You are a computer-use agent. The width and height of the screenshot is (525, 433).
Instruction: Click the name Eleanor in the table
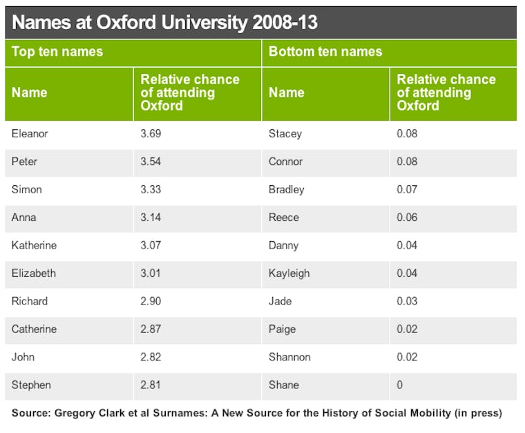(30, 133)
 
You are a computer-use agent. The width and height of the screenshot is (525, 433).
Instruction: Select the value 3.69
(151, 133)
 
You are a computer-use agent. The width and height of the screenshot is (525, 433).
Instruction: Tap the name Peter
(25, 162)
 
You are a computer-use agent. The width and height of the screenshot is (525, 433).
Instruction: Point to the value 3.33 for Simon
(151, 189)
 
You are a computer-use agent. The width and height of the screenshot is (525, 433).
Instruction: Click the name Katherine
(34, 245)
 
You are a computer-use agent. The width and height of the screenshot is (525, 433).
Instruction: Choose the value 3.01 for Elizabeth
(151, 273)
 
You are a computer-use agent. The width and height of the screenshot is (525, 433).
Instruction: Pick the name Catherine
(34, 329)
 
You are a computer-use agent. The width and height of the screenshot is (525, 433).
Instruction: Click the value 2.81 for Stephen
(151, 385)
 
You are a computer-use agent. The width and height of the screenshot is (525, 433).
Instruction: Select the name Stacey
(285, 133)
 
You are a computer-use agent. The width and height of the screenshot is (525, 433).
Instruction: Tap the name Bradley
(287, 189)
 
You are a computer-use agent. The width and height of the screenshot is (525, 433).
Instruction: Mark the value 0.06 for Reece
(407, 218)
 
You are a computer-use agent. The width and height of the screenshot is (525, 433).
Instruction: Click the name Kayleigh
(289, 273)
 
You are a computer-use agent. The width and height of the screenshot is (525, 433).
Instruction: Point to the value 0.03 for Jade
(407, 301)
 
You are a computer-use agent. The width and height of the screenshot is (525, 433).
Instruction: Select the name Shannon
(289, 357)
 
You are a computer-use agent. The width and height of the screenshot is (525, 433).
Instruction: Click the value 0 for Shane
(400, 385)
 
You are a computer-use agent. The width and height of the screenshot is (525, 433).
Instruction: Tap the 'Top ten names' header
(57, 52)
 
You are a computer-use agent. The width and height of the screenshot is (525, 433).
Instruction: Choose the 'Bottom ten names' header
(325, 52)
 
